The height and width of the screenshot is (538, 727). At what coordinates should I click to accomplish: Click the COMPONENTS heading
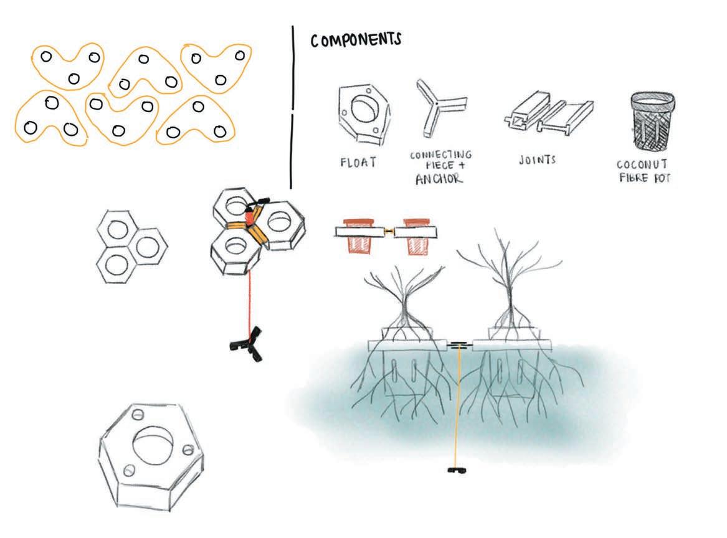[x=356, y=40]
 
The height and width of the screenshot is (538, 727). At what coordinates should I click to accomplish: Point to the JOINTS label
[x=537, y=160]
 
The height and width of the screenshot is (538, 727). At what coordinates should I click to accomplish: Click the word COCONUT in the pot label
[x=642, y=165]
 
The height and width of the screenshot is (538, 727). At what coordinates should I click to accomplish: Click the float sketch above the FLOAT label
[x=363, y=113]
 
